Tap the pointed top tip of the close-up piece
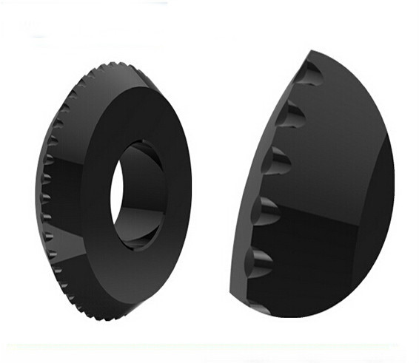[314, 52]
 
